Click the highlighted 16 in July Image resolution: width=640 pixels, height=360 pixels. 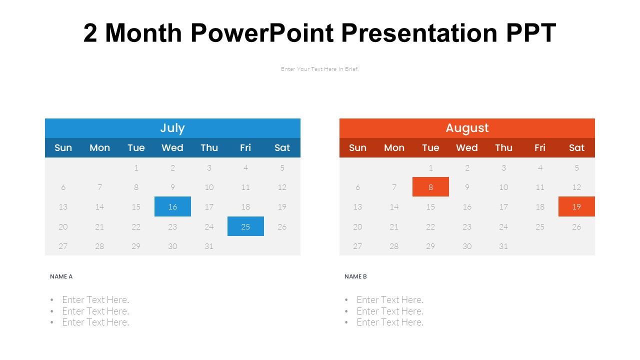click(x=172, y=206)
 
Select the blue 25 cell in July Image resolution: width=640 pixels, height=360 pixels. click(x=245, y=226)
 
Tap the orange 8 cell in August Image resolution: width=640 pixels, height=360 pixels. click(x=430, y=187)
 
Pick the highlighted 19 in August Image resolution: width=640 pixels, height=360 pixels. click(x=576, y=206)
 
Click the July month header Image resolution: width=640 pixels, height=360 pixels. click(x=172, y=128)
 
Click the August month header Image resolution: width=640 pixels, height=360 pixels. click(x=467, y=128)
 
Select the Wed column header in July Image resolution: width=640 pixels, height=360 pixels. click(x=172, y=147)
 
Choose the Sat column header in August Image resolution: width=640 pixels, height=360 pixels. click(x=576, y=147)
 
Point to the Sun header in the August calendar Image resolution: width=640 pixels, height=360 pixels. click(x=357, y=147)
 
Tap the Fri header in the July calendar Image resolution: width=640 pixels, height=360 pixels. click(x=245, y=147)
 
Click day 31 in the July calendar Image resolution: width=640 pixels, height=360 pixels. click(x=209, y=246)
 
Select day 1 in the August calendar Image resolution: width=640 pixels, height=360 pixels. click(x=430, y=167)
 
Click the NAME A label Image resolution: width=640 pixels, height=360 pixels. click(x=61, y=276)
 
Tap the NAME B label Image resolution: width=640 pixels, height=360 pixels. click(x=355, y=276)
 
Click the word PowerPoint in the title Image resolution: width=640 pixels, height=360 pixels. click(x=262, y=33)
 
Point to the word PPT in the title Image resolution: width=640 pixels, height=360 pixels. click(x=531, y=33)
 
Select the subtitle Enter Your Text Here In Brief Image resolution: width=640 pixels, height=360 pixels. click(x=319, y=69)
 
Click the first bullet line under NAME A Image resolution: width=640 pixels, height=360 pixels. click(x=95, y=299)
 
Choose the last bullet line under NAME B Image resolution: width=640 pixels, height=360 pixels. click(x=390, y=322)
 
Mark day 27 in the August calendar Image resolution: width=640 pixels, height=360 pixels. click(x=357, y=246)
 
